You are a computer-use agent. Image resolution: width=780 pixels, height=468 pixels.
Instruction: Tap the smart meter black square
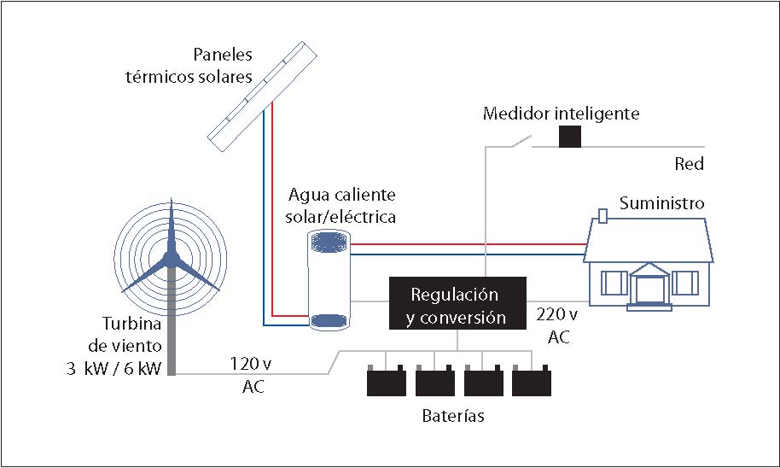coord(570,137)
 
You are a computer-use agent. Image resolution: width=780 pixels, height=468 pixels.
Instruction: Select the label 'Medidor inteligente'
coord(561,113)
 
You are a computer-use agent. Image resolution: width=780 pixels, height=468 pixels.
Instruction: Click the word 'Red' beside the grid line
coord(689,164)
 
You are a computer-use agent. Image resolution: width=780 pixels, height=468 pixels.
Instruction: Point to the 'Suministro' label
coord(661,203)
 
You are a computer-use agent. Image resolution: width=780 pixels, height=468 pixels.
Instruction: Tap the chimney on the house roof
coord(603,214)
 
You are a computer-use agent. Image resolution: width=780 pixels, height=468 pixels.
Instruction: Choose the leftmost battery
coord(387,380)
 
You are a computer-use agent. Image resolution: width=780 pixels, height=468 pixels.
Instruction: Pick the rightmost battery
coord(531,380)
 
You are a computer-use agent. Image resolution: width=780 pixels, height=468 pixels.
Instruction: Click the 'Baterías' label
coord(453,417)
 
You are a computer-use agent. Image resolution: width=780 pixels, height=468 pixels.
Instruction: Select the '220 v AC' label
coord(558,325)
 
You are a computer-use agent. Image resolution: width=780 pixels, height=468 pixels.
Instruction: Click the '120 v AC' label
coord(253,375)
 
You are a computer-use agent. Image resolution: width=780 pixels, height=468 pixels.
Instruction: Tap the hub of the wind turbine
coord(171,256)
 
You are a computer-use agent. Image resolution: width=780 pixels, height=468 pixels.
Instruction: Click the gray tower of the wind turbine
coord(172,325)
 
